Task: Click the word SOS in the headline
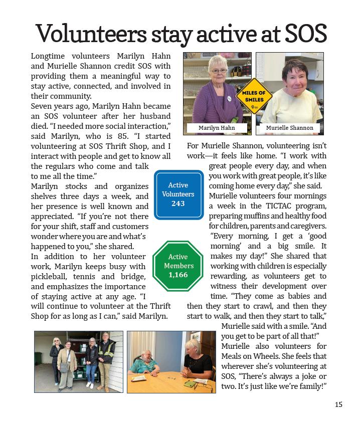coord(305,34)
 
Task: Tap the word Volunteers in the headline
coord(91,34)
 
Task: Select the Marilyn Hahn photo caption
coord(217,128)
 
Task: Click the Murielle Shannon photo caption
coord(289,128)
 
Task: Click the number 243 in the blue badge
coord(178,203)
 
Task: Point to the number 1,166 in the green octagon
coord(178,275)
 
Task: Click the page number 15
coord(338,404)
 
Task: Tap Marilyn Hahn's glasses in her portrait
coord(219,71)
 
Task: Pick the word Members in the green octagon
coord(178,266)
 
